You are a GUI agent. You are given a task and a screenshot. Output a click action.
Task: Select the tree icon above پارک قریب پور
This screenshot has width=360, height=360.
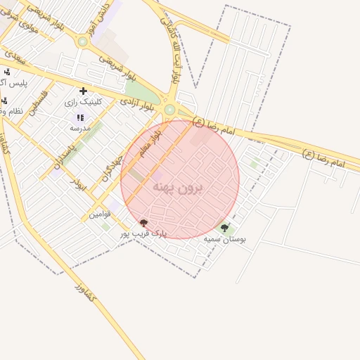pyautogui.click(x=144, y=223)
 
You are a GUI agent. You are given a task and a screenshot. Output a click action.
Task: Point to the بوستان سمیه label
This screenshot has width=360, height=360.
pyautogui.click(x=225, y=239)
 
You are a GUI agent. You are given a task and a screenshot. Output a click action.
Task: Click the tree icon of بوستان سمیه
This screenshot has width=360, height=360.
pyautogui.click(x=225, y=228)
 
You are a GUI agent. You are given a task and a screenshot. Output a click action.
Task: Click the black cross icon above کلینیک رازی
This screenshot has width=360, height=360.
pyautogui.click(x=84, y=91)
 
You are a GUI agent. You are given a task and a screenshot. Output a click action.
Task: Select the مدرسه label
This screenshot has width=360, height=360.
pyautogui.click(x=79, y=129)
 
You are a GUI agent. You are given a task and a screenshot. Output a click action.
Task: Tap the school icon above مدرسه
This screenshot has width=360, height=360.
pyautogui.click(x=79, y=117)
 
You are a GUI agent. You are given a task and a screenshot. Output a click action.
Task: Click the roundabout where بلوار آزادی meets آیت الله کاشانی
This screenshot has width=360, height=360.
pyautogui.click(x=169, y=109)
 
